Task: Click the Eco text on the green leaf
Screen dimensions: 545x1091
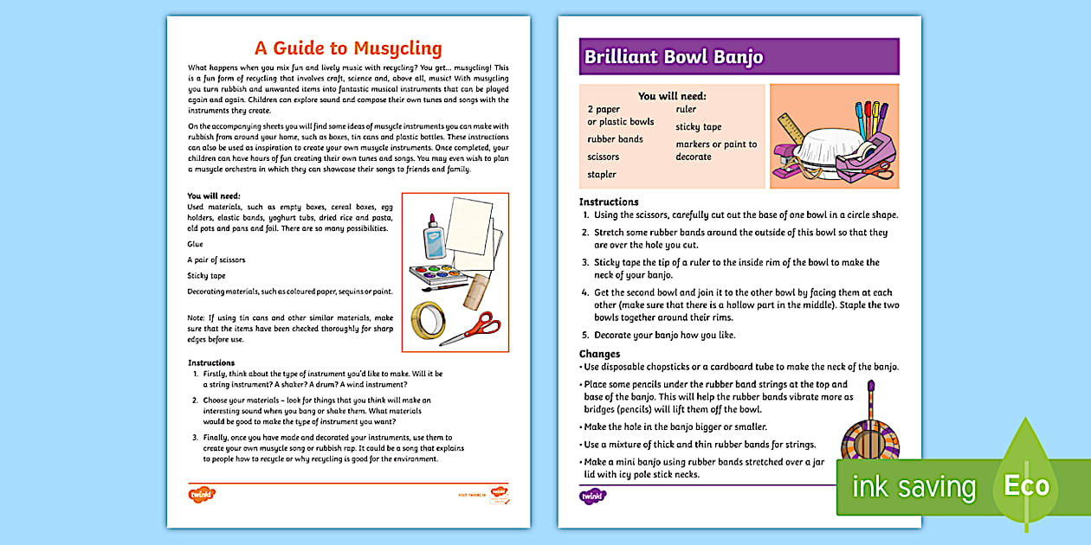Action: pos(1026,485)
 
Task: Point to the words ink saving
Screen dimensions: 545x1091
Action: pos(913,487)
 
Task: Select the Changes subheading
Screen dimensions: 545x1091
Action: pos(599,354)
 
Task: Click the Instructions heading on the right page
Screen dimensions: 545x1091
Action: pos(609,202)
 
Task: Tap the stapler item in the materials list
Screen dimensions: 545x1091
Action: pos(602,175)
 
